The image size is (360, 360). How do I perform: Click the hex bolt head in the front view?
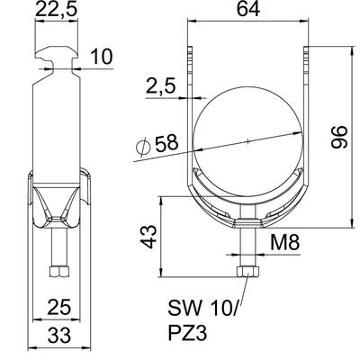245,273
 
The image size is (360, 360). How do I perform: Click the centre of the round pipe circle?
246,139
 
